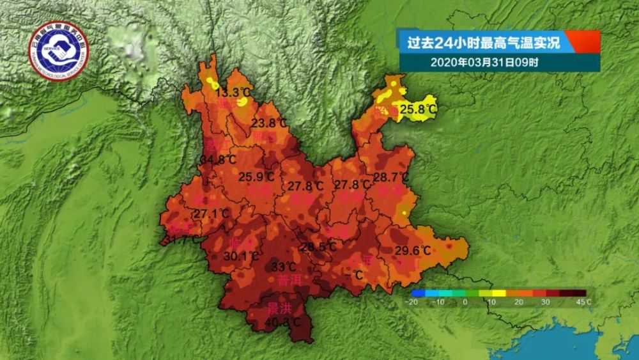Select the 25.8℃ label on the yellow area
pos(419,110)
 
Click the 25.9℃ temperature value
pos(257,176)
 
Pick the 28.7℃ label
pos(390,176)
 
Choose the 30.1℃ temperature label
pos(242,256)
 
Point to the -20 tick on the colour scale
pos(413,302)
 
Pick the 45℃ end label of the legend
pos(583,302)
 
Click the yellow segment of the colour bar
pos(498,293)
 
